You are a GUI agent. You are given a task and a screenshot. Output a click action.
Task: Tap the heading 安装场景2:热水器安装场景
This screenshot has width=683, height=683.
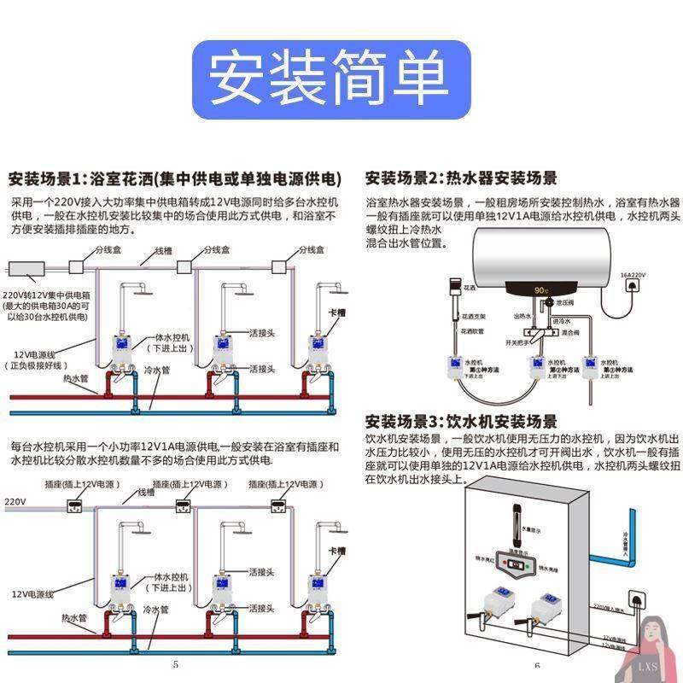pyautogui.click(x=461, y=178)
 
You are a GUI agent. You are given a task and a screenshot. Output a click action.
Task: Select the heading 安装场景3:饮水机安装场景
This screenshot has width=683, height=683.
pyautogui.click(x=461, y=422)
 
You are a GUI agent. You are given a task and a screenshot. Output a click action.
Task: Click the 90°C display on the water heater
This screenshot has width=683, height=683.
pyautogui.click(x=540, y=290)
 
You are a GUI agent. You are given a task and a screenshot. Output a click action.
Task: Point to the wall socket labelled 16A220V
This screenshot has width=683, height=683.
pyautogui.click(x=633, y=289)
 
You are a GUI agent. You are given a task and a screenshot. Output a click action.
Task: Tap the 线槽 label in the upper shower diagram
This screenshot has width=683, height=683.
pyautogui.click(x=163, y=252)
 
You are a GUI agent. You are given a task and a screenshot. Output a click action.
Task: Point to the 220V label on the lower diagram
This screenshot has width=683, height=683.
pyautogui.click(x=15, y=500)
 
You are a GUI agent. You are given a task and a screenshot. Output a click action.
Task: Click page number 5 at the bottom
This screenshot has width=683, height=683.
pyautogui.click(x=175, y=664)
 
